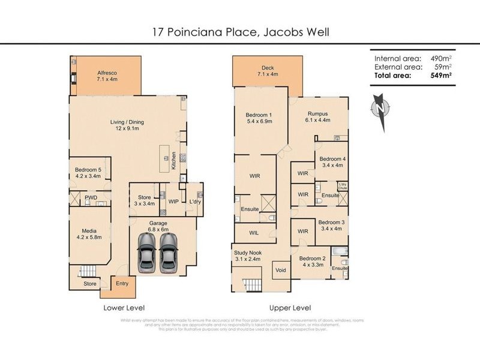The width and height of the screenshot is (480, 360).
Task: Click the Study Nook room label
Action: (x=247, y=256)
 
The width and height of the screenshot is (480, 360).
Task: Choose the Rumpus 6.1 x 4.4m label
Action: (x=317, y=118)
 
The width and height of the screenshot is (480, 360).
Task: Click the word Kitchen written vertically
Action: (x=174, y=160)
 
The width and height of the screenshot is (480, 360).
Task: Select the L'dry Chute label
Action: (x=343, y=186)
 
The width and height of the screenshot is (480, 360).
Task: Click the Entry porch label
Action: (x=122, y=284)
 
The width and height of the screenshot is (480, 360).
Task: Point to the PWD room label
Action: (x=91, y=197)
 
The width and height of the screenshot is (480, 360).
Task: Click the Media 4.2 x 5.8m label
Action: (x=89, y=233)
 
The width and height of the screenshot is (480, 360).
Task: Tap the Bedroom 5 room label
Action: (x=89, y=173)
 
